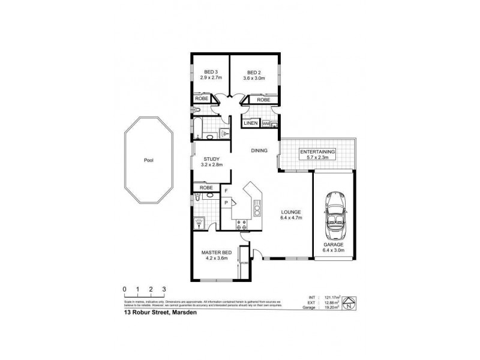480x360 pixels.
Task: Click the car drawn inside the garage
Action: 334,212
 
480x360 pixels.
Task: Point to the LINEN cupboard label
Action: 251,123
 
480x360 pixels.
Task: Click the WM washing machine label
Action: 266,124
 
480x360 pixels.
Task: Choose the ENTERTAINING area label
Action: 318,152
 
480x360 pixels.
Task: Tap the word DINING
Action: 259,151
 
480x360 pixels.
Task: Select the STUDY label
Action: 211,158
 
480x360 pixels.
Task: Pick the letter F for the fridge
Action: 226,191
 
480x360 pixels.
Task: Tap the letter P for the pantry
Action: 226,203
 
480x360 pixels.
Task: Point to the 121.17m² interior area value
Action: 332,296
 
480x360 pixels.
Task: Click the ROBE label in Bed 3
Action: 202,100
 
